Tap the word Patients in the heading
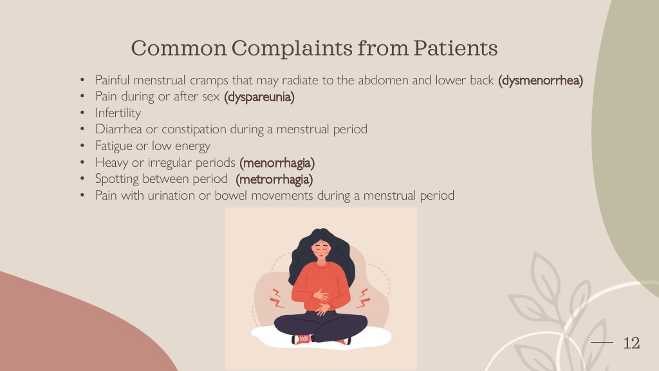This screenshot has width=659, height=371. pos(455,48)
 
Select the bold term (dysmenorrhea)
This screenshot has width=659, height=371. pos(541,81)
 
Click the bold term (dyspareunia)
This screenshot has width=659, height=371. pos(259,97)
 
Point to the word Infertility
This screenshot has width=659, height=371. pos(118,113)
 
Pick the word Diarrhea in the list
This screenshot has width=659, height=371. pos(118,129)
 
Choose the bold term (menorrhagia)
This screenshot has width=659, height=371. pos(277,163)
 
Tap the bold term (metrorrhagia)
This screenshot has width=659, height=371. pos(274,179)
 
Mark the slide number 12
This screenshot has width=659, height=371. pos(631,343)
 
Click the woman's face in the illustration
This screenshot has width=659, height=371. pos(321,249)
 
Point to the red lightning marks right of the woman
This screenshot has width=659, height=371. pos(363,298)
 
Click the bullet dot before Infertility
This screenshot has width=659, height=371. pos(82,113)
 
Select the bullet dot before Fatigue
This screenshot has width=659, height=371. pos(82,146)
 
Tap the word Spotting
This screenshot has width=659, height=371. pos(117,179)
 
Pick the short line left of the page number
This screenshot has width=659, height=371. pos(602,343)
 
